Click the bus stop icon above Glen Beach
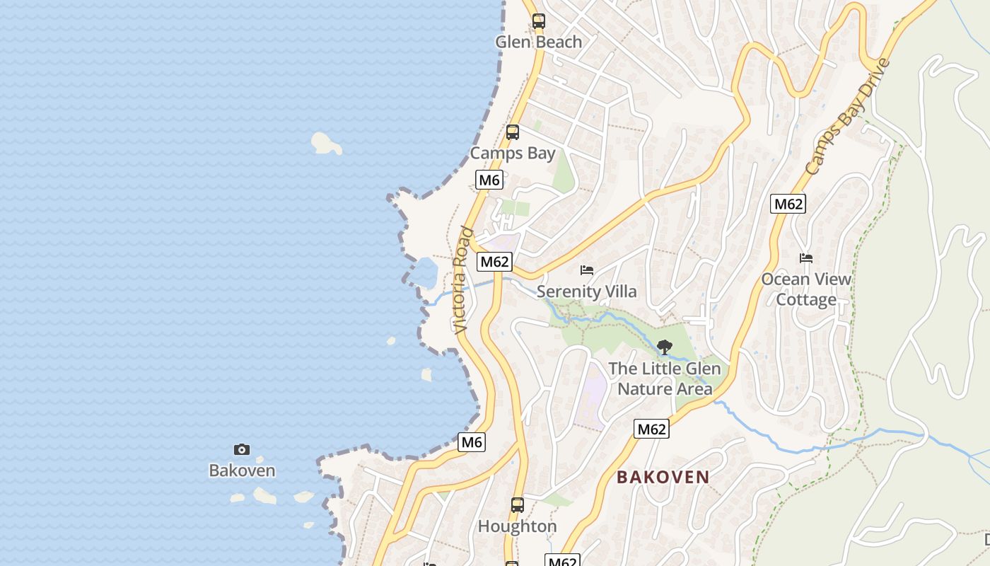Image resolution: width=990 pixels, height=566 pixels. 539,21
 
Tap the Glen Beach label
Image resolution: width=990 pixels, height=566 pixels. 538,42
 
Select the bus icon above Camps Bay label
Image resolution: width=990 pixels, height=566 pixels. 513,132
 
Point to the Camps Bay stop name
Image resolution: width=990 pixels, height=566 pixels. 513,153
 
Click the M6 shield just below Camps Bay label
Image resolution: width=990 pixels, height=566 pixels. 489,180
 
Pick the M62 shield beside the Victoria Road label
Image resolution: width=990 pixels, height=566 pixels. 494,262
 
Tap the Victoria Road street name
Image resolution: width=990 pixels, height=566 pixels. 461,279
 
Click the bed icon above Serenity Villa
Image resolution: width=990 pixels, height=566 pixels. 587,270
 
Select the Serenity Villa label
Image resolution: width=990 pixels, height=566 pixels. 586,291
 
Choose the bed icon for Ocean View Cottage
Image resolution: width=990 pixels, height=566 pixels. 806,258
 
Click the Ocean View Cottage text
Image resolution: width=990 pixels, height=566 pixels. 806,289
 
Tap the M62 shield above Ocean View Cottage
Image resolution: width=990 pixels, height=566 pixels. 788,204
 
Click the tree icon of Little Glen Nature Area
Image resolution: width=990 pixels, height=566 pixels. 664,347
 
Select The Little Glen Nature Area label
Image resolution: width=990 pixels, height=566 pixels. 665,379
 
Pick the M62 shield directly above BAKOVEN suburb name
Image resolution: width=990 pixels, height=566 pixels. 651,429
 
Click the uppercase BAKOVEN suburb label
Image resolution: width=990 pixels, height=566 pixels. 663,477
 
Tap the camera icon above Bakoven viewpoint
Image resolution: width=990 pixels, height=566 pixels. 242,449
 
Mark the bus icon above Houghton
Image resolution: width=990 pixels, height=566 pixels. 518,505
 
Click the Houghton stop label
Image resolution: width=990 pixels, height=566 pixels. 518,526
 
